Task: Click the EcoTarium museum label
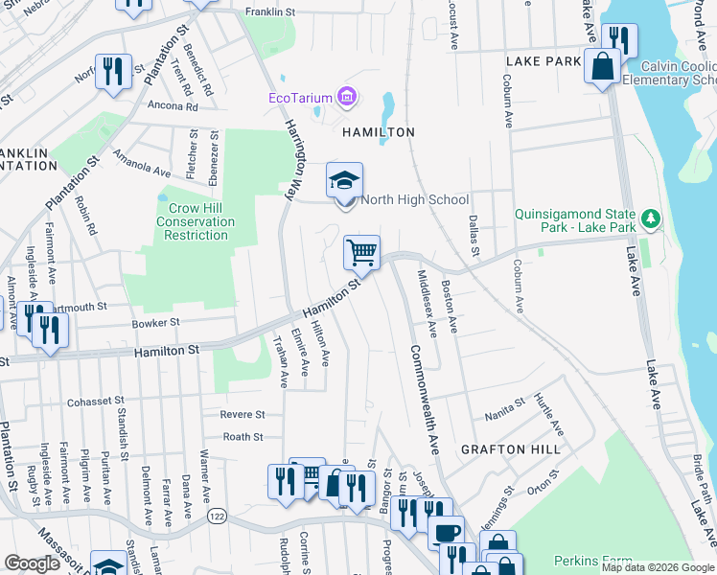coord(300,97)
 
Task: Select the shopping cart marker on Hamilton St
coord(362,253)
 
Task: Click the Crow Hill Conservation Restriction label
coord(196,221)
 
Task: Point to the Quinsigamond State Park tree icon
coord(651,219)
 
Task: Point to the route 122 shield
coord(216,517)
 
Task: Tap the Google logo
coord(32,563)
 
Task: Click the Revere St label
coord(243,415)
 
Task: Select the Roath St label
coord(243,437)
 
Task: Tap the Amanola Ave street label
coord(141,163)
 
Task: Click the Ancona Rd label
coord(173,106)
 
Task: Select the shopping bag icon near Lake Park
coord(603,67)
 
